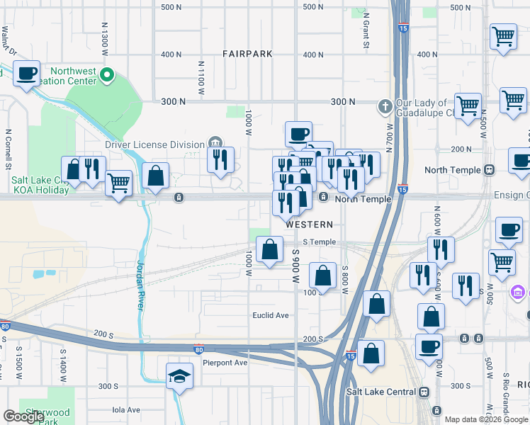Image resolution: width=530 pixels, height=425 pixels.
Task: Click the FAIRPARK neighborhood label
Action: [x=247, y=54]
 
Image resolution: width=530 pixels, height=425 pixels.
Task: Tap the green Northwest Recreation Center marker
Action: [x=108, y=74]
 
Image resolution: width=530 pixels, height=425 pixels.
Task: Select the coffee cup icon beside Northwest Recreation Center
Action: [x=26, y=74]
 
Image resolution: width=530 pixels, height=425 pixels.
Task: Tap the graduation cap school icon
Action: [x=179, y=376]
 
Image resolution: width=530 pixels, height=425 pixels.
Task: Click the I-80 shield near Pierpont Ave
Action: [x=200, y=348]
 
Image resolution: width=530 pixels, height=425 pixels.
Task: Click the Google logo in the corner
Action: [x=23, y=416]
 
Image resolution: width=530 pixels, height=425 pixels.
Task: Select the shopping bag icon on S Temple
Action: [x=269, y=250]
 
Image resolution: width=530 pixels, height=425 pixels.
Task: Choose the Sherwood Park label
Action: [x=47, y=416]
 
